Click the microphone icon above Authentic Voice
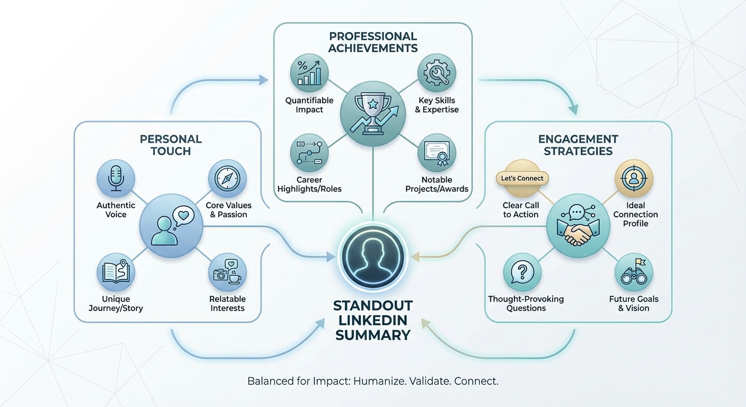point(116,178)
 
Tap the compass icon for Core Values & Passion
point(227,178)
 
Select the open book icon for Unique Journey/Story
point(116,272)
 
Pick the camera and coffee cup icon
point(227,272)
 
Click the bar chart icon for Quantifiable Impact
point(309,73)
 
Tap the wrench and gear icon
point(437,73)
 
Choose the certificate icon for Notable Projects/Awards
point(437,153)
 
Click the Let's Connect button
point(522,179)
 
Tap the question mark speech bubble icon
point(522,272)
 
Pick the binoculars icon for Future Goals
point(634,272)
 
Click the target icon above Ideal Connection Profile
point(634,179)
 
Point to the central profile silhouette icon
point(373,258)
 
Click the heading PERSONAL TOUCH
point(171,145)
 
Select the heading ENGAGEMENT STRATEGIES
point(578,145)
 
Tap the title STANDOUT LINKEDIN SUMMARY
point(373,321)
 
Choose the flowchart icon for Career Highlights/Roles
point(309,153)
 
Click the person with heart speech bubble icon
point(171,226)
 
